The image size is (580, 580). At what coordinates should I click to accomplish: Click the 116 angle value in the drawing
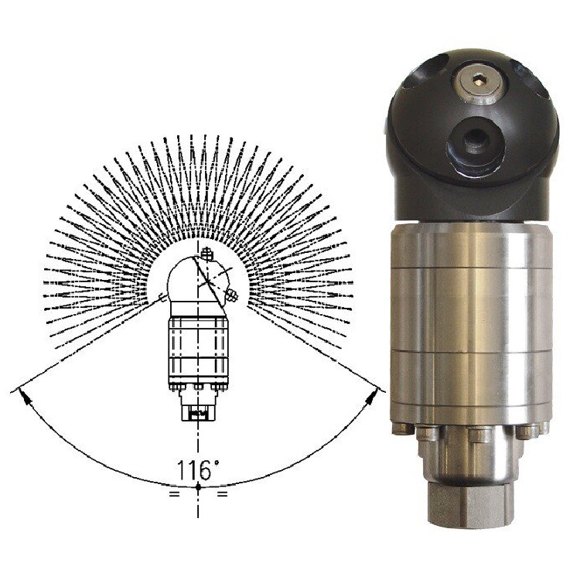tap(194, 469)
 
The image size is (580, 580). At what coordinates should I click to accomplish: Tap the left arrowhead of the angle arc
tap(24, 396)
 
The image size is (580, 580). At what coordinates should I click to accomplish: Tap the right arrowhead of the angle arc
tap(372, 396)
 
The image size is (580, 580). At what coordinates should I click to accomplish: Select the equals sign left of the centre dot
tap(174, 493)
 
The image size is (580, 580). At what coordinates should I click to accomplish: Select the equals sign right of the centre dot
tap(222, 493)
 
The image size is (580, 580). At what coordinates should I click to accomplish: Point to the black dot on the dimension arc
tap(198, 487)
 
